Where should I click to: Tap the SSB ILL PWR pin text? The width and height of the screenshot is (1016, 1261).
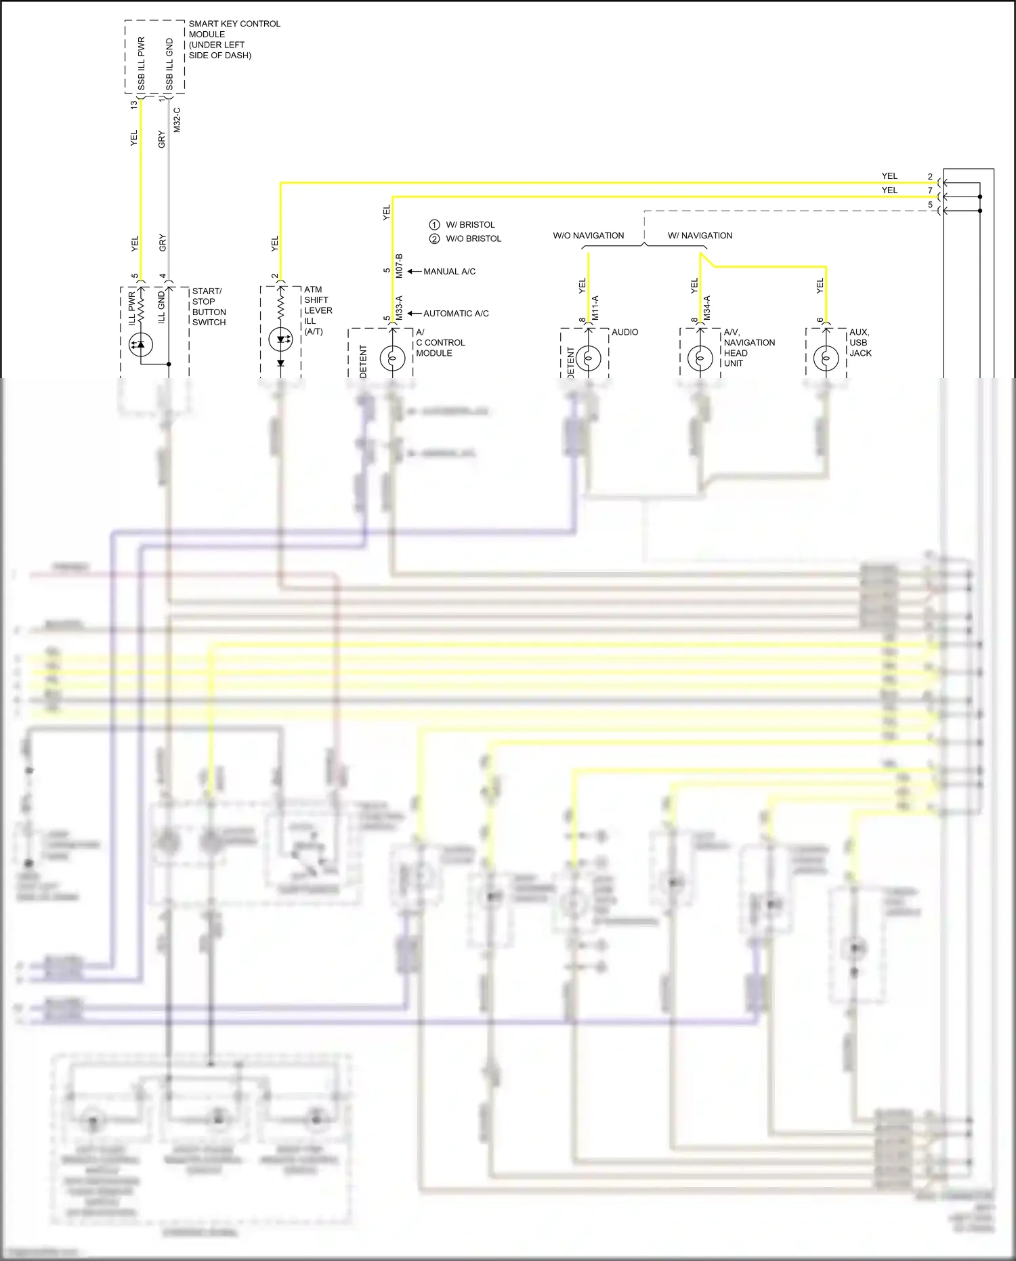(142, 64)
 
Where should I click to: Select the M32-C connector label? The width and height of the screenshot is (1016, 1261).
(177, 119)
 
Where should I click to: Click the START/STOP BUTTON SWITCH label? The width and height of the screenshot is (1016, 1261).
(209, 307)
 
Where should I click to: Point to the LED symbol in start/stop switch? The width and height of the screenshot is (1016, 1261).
(141, 344)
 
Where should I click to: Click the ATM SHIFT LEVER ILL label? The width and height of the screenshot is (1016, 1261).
(317, 310)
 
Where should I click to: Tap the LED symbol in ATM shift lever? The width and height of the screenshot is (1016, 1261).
(280, 339)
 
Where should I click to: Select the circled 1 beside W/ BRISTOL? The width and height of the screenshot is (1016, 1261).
(434, 224)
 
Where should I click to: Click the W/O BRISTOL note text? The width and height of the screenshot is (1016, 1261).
(473, 239)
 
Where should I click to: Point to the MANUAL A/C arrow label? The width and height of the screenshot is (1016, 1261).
(449, 272)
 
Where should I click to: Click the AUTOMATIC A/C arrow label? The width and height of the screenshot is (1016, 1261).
(455, 314)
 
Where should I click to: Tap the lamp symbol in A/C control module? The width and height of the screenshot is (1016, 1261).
(393, 357)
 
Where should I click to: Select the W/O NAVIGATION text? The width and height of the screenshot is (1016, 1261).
(588, 236)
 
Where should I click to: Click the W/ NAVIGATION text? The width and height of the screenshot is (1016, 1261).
(700, 236)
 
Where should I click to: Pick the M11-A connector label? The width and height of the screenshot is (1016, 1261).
(595, 308)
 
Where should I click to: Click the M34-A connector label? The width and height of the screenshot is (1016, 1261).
(706, 308)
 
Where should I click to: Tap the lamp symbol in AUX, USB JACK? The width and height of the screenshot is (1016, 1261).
(826, 357)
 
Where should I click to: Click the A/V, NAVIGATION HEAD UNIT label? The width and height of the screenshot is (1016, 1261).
(748, 348)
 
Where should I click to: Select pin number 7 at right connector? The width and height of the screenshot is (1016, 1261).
(930, 190)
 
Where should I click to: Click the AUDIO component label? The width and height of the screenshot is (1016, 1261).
(625, 332)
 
